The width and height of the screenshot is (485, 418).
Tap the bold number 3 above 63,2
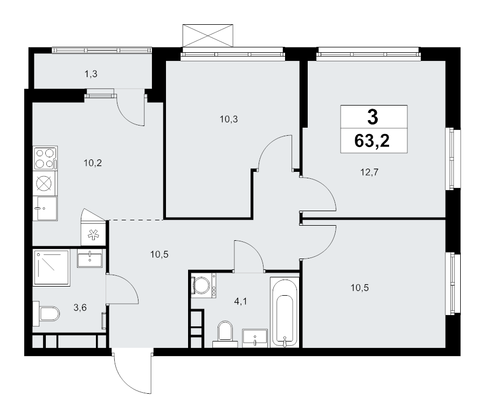coord(372,116)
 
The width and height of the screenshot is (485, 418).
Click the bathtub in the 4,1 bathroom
coord(284,312)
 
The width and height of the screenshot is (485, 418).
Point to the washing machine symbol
coord(203,285)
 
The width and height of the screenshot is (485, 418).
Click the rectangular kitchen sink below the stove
coord(45,208)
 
